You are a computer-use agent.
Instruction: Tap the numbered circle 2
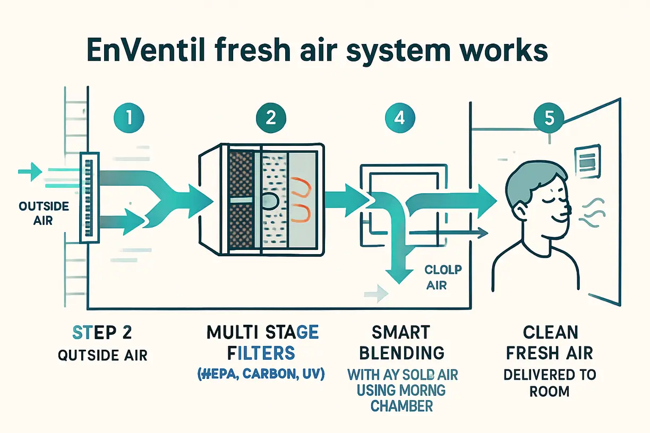click(x=270, y=117)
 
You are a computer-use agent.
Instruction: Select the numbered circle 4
click(x=397, y=117)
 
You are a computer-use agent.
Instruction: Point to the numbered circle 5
click(x=548, y=117)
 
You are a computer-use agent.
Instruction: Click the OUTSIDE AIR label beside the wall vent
click(x=36, y=212)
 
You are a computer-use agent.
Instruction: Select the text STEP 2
click(x=101, y=333)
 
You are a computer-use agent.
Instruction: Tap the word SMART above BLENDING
click(x=401, y=333)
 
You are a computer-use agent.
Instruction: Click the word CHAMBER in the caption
click(x=402, y=406)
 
